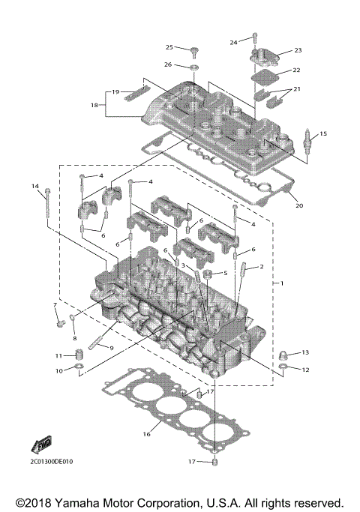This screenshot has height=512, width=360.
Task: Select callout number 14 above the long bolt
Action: (34, 185)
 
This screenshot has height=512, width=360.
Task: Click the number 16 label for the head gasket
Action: (147, 434)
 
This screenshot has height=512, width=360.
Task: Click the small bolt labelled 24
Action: (255, 38)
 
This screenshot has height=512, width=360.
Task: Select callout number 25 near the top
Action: (169, 47)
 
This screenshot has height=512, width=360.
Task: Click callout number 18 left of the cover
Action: (94, 105)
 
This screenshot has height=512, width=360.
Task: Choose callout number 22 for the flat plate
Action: (296, 70)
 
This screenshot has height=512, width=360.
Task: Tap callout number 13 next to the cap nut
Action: (304, 352)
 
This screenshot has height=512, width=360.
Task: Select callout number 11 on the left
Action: (58, 355)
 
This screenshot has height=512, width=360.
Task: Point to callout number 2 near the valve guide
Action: (262, 266)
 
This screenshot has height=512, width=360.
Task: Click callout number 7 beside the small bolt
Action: (55, 305)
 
